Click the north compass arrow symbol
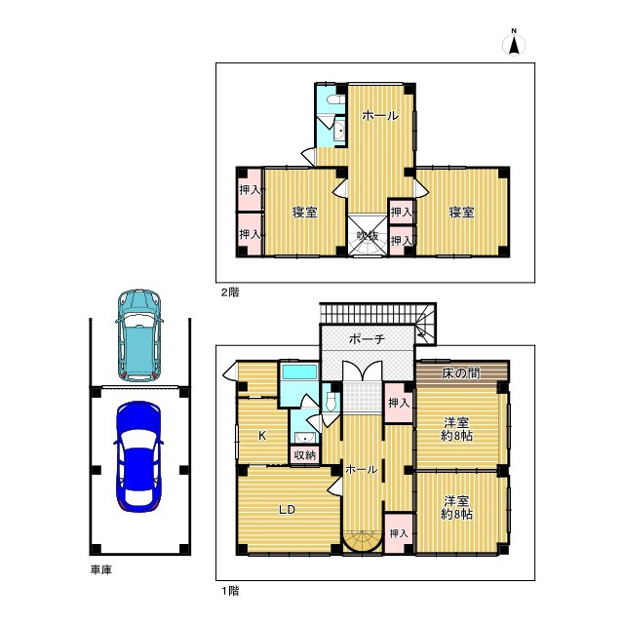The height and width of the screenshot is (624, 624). point(515,44)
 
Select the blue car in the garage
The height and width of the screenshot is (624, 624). point(136,455)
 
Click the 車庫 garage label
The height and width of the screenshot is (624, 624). point(100,569)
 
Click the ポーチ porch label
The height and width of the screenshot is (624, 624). point(367,338)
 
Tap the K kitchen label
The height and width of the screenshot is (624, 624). point(261,436)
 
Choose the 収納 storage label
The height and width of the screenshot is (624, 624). point(304,454)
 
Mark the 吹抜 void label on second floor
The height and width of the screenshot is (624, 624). point(367,235)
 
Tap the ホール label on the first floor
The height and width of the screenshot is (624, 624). point(362,469)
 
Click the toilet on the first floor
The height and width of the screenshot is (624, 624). point(331,401)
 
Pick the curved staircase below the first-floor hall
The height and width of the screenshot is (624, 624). point(362,541)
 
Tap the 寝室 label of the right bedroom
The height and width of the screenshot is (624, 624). point(461,213)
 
